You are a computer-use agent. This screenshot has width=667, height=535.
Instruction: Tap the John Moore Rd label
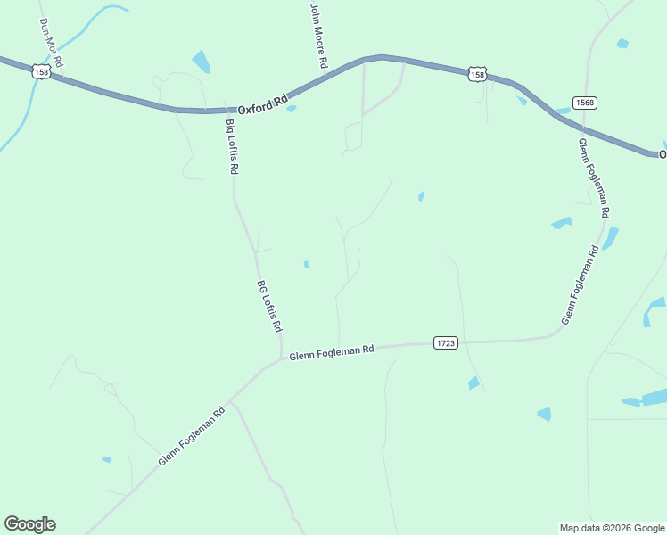click(x=318, y=37)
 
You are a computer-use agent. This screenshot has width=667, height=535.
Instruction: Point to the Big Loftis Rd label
click(x=232, y=146)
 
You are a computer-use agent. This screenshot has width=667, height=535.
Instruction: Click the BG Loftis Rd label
click(x=269, y=307)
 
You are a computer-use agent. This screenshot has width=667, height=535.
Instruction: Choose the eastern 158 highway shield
click(x=478, y=75)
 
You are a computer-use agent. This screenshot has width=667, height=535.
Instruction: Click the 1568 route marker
click(x=585, y=103)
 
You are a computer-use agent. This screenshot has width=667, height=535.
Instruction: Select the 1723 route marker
click(x=446, y=342)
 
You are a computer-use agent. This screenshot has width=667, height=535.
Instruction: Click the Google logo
click(x=30, y=524)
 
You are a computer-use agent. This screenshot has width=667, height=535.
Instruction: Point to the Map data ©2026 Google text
click(x=612, y=528)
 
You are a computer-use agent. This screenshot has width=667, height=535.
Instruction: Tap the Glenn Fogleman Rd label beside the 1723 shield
click(x=331, y=351)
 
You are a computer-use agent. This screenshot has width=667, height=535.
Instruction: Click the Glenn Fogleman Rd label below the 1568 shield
click(x=593, y=178)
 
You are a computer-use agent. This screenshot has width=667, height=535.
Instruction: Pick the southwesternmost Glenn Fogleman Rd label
click(x=192, y=438)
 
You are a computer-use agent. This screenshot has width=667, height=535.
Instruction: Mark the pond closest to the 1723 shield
click(x=473, y=383)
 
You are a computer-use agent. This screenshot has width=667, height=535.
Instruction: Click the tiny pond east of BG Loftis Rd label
click(x=306, y=264)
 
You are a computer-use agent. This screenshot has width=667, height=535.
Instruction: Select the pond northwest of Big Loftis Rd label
click(x=202, y=62)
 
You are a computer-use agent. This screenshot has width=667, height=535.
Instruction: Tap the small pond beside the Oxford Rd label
click(x=292, y=109)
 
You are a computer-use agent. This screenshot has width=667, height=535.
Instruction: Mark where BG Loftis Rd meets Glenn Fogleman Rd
click(x=281, y=358)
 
